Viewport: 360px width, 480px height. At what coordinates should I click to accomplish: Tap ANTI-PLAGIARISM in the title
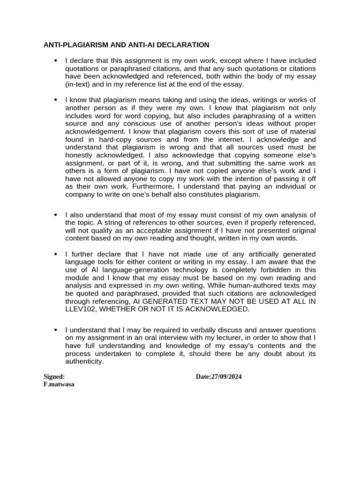[x=76, y=45]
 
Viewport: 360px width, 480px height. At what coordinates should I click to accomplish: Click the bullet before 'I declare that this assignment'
[x=55, y=60]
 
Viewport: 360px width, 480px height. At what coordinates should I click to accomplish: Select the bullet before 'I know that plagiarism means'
[x=55, y=100]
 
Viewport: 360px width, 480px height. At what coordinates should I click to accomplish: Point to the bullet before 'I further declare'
[x=55, y=254]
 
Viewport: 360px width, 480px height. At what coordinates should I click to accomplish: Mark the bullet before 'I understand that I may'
[x=55, y=330]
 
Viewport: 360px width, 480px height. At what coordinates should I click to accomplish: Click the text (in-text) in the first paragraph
[x=80, y=84]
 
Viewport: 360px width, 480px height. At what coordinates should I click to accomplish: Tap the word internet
[x=225, y=140]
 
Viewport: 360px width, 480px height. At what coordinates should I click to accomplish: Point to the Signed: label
[x=54, y=376]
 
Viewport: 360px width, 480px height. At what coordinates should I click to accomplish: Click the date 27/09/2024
[x=226, y=376]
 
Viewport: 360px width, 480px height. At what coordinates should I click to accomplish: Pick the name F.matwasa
[x=59, y=384]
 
